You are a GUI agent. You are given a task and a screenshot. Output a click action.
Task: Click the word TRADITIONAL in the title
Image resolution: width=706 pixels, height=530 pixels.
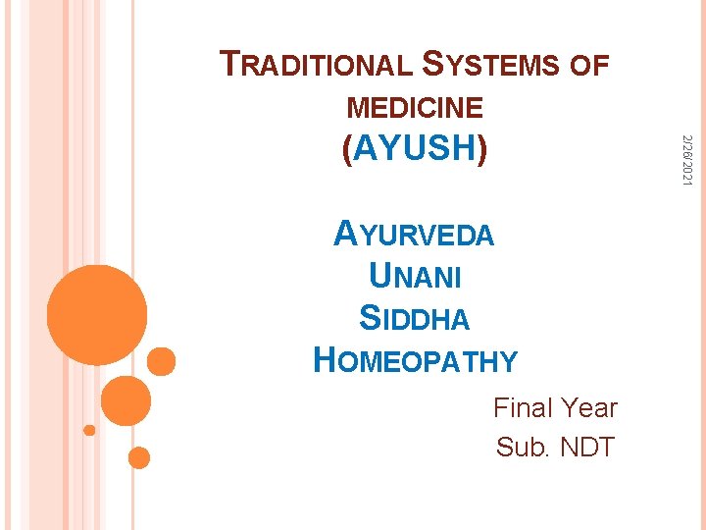[x=316, y=65]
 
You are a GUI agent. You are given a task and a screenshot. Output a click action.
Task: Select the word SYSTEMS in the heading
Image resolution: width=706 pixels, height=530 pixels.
[x=489, y=65]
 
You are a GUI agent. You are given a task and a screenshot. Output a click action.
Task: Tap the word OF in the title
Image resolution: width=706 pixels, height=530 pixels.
[x=589, y=66]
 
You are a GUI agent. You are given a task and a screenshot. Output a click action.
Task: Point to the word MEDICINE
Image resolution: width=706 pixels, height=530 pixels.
[x=415, y=108]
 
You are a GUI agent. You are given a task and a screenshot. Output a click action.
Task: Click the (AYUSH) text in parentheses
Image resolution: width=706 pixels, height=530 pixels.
[x=415, y=149]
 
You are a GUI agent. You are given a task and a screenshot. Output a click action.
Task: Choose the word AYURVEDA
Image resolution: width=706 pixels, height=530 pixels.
[x=414, y=236]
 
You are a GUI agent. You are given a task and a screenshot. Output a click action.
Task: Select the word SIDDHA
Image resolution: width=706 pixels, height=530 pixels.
[x=414, y=319]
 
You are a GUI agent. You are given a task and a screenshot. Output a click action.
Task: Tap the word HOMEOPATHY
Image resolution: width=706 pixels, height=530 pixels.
[x=414, y=361]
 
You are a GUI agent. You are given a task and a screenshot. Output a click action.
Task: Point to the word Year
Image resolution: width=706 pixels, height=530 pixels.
[x=590, y=406]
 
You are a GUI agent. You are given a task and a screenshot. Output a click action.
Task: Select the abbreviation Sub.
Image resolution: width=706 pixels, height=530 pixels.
[x=524, y=448]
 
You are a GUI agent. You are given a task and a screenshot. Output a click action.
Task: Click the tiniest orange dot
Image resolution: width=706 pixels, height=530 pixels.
[x=89, y=430]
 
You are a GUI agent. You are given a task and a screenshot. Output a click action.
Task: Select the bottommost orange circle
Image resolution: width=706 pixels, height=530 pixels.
[x=139, y=457]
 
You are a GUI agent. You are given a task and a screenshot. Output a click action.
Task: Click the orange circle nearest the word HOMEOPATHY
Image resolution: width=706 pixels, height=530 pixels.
[x=162, y=361]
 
